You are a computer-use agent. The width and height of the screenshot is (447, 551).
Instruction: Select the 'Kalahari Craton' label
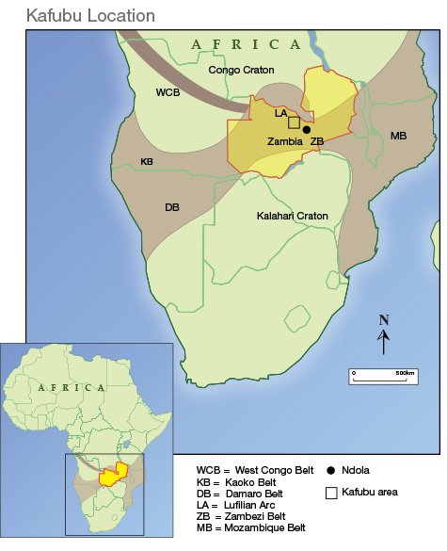click(293, 216)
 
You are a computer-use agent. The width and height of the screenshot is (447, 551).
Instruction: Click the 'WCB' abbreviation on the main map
click(168, 92)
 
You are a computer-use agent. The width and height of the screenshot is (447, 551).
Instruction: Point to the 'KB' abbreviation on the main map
click(147, 161)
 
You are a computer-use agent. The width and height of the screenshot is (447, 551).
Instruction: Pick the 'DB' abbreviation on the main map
click(172, 207)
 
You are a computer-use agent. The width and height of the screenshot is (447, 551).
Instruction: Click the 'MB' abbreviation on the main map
click(398, 137)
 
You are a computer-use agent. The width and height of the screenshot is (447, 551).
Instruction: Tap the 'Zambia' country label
click(283, 140)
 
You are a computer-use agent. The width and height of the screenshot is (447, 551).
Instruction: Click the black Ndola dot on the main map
click(307, 129)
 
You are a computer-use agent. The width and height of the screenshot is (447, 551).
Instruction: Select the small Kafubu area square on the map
click(294, 122)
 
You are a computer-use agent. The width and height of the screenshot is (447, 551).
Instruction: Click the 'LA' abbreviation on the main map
click(280, 112)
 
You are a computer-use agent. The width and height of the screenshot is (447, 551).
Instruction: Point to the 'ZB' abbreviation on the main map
click(317, 141)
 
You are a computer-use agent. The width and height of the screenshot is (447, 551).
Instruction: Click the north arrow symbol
click(384, 334)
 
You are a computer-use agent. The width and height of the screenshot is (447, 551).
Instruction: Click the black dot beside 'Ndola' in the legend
click(330, 470)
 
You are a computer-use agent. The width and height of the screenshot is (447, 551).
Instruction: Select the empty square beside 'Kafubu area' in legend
click(330, 492)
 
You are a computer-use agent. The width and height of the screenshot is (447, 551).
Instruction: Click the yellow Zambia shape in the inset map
click(114, 474)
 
